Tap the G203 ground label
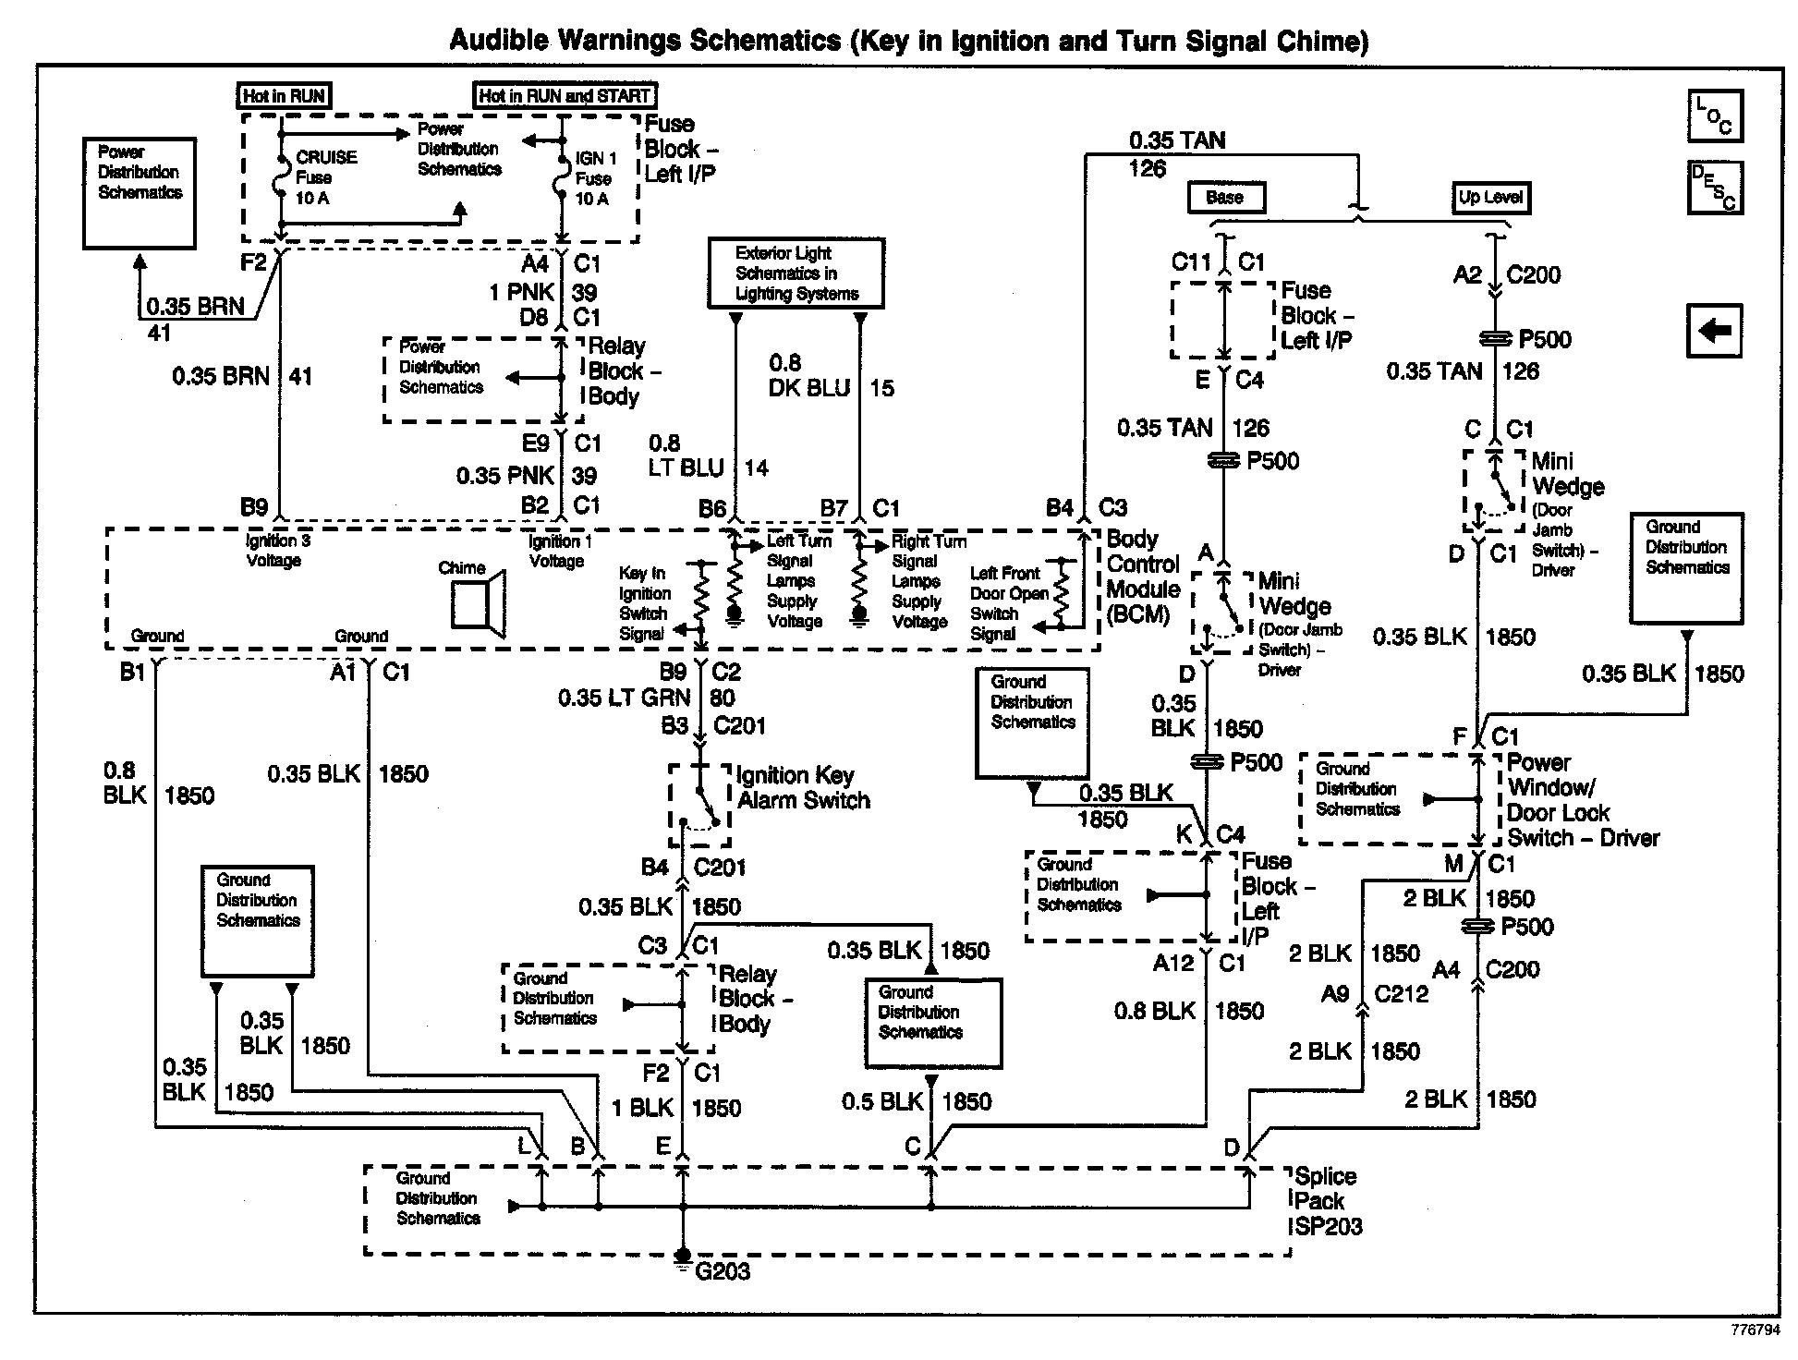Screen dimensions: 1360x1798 (x=722, y=1271)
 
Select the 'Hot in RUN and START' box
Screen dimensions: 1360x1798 (x=565, y=95)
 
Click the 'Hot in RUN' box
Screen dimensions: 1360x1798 (x=284, y=95)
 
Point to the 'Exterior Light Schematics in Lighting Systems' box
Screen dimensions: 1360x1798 (x=796, y=273)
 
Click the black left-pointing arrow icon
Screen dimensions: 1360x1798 (x=1714, y=330)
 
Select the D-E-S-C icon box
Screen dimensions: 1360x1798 (x=1714, y=188)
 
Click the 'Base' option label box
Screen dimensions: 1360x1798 (x=1225, y=197)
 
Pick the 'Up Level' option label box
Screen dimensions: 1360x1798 (x=1489, y=197)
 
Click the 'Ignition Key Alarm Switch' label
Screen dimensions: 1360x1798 (x=803, y=788)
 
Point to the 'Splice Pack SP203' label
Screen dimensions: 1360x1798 (x=1327, y=1201)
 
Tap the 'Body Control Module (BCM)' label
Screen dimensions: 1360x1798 (x=1143, y=577)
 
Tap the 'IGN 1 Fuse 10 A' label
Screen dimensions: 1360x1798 (x=594, y=178)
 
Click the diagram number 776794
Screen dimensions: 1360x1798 (x=1755, y=1330)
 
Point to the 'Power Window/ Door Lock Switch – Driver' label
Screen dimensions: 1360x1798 (x=1582, y=800)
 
